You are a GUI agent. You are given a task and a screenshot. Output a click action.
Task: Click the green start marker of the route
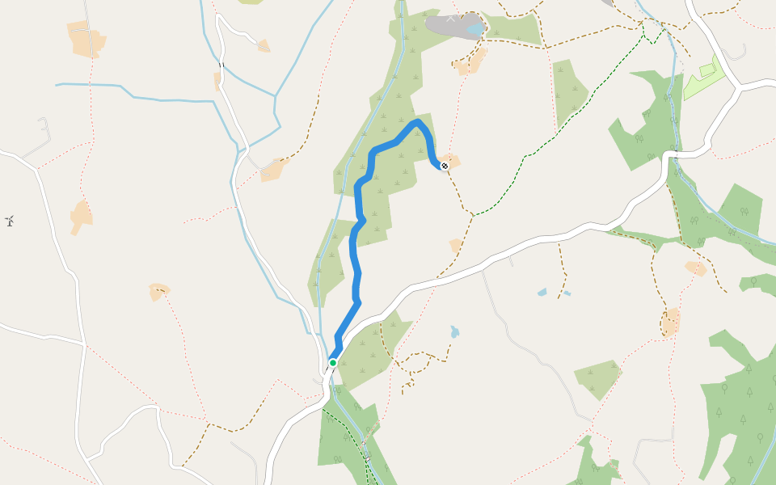click(x=332, y=363)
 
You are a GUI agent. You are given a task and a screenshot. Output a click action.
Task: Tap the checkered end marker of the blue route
click(x=444, y=166)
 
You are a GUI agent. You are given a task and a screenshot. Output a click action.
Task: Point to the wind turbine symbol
click(x=10, y=220)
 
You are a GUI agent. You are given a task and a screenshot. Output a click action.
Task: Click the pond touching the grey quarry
click(x=474, y=29)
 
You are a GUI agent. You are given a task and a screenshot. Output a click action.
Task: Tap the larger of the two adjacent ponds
click(x=542, y=292)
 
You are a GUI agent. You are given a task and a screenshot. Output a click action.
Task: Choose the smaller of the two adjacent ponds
click(x=567, y=293)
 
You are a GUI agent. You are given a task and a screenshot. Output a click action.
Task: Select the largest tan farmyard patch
click(x=86, y=39)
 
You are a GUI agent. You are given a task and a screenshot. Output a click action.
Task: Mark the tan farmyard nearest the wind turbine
click(x=81, y=217)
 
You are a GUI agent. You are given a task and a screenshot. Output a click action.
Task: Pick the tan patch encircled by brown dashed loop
click(x=670, y=321)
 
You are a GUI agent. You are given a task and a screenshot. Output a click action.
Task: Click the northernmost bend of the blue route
click(x=417, y=122)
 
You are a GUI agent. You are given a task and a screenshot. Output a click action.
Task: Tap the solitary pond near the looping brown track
click(x=454, y=331)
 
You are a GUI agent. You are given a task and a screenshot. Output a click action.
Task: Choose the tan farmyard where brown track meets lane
click(x=275, y=169)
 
